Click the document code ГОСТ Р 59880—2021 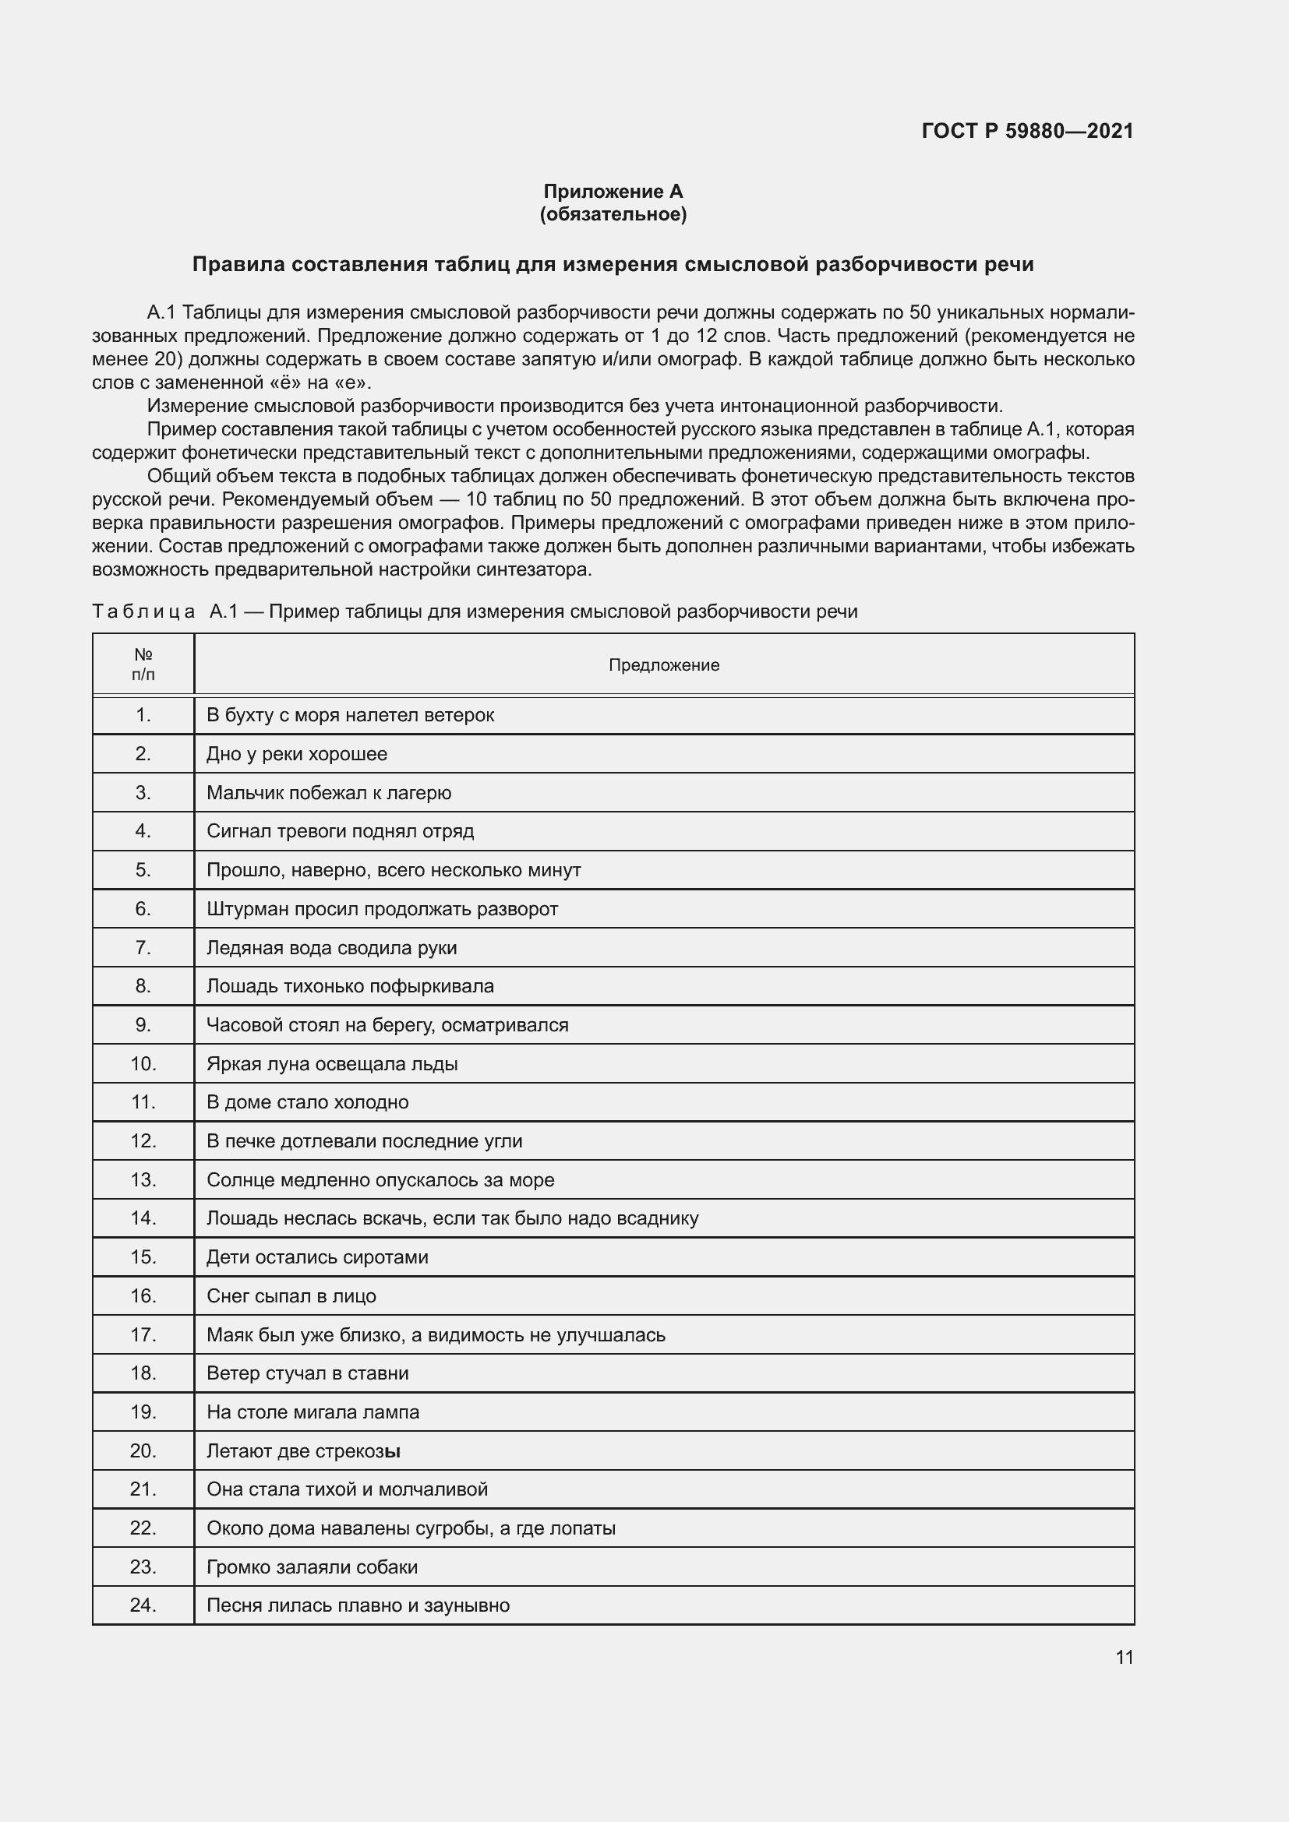[1027, 131]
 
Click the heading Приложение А [613, 192]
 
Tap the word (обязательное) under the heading [613, 214]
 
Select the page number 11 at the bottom [1124, 1657]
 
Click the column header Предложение [663, 665]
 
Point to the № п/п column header [143, 665]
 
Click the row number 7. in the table [143, 947]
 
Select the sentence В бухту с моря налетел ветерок [350, 715]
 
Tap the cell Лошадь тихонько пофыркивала [350, 985]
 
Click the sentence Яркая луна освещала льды [332, 1063]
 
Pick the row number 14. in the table [143, 1218]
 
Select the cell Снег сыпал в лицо [291, 1296]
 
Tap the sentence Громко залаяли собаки [312, 1567]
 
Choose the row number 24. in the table [143, 1605]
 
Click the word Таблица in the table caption [143, 611]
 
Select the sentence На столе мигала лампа [313, 1411]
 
